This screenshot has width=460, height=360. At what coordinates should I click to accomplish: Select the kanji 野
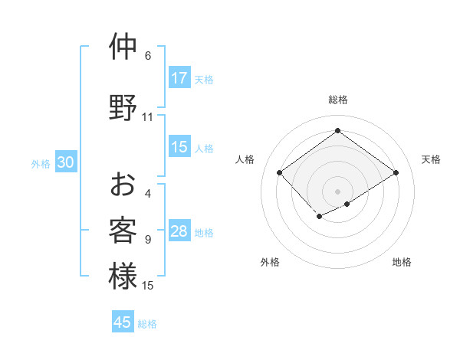123,107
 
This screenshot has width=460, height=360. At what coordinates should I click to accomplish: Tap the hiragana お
123,185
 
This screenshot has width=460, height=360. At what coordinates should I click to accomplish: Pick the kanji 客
123,230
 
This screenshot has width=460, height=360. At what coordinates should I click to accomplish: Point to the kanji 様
123,276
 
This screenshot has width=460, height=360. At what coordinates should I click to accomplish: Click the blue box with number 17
179,78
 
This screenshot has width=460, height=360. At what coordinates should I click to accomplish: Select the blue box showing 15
179,147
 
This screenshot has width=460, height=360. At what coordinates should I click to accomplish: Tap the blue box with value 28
179,231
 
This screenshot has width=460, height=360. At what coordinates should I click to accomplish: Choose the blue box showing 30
65,162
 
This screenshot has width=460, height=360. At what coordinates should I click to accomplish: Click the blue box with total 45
123,322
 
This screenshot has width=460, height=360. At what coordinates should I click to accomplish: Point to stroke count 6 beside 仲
148,56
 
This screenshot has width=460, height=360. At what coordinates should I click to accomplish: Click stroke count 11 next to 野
148,117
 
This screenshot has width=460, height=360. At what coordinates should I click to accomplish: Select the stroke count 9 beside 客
148,240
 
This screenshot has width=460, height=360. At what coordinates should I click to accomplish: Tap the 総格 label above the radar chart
337,100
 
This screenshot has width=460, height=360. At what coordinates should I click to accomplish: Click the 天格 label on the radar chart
431,159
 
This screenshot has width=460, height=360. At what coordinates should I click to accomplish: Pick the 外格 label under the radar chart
270,262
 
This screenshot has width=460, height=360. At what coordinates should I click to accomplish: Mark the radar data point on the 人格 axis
280,173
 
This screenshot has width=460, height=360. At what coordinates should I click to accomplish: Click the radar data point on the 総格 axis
337,131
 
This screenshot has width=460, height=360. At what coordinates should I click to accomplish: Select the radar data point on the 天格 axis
396,173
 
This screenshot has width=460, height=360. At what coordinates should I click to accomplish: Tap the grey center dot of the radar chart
337,191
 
